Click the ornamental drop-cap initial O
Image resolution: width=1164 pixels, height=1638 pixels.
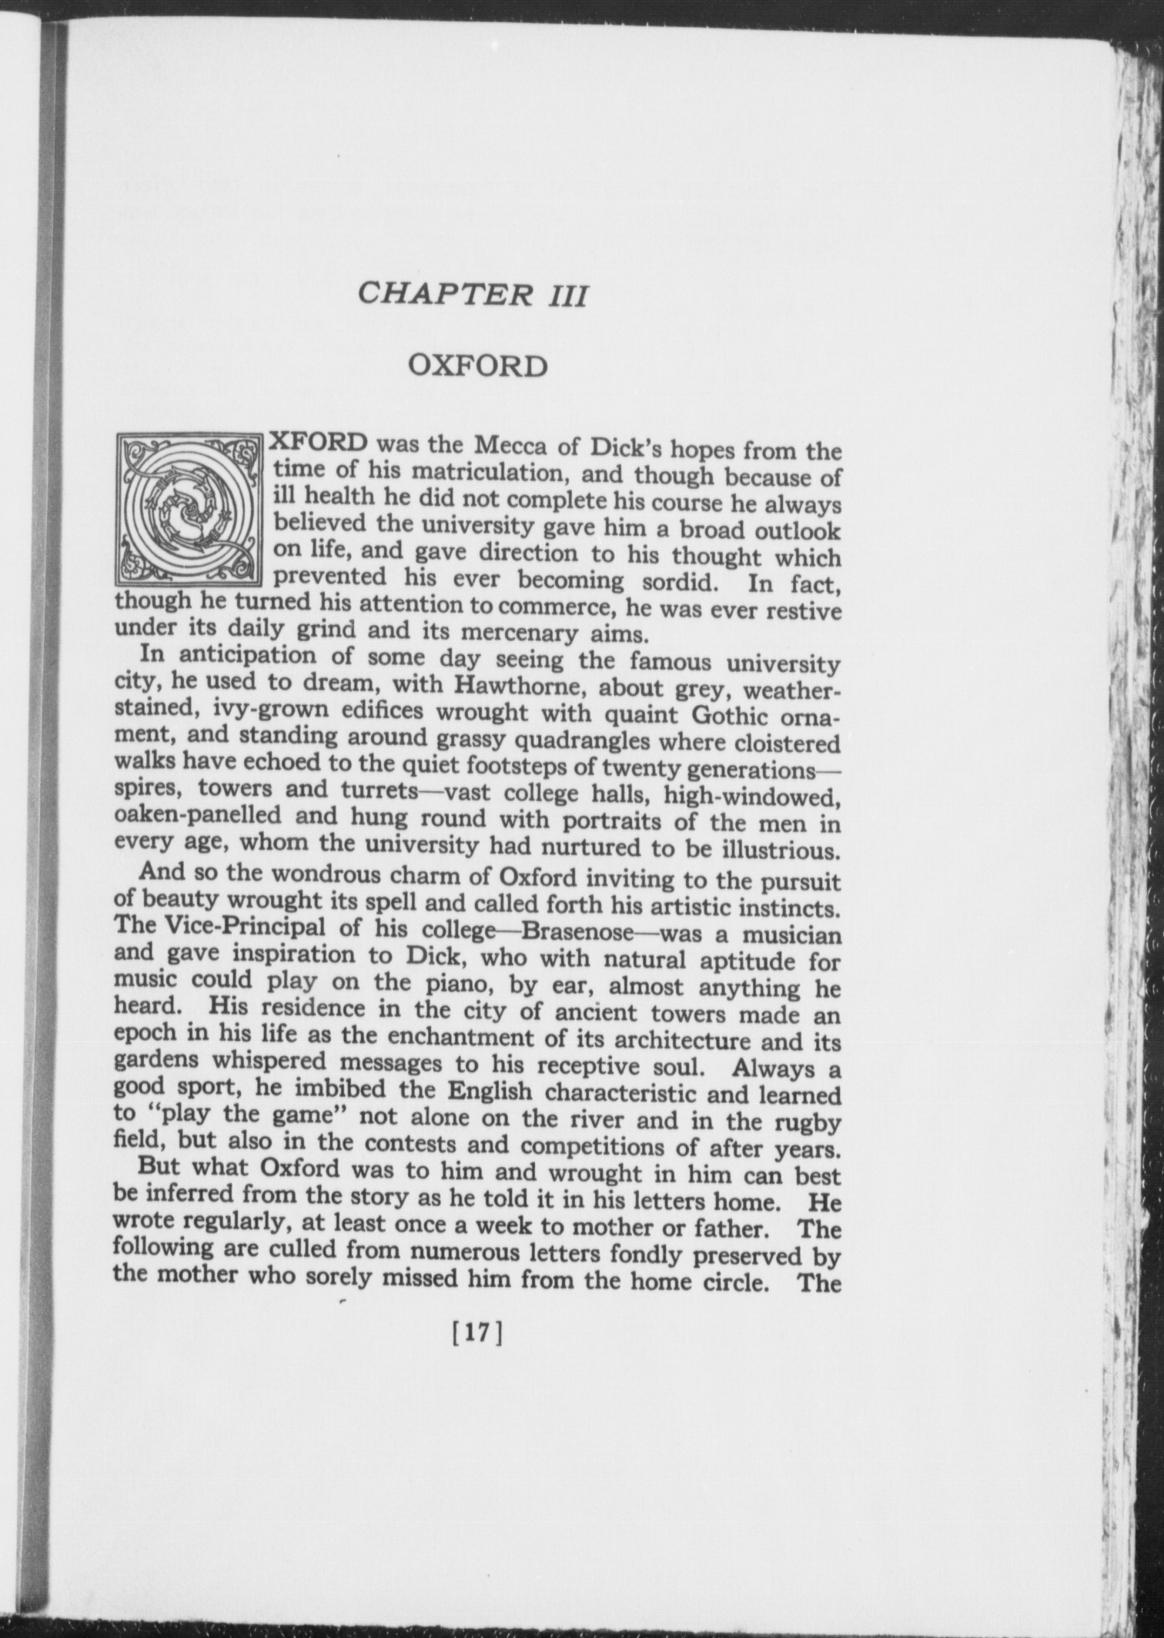[x=189, y=508]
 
